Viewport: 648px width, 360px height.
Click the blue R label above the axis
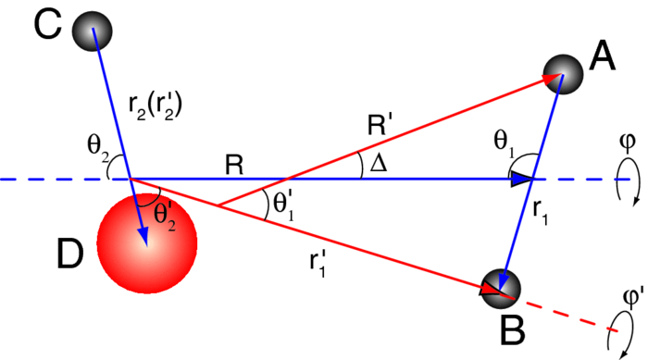click(236, 165)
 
